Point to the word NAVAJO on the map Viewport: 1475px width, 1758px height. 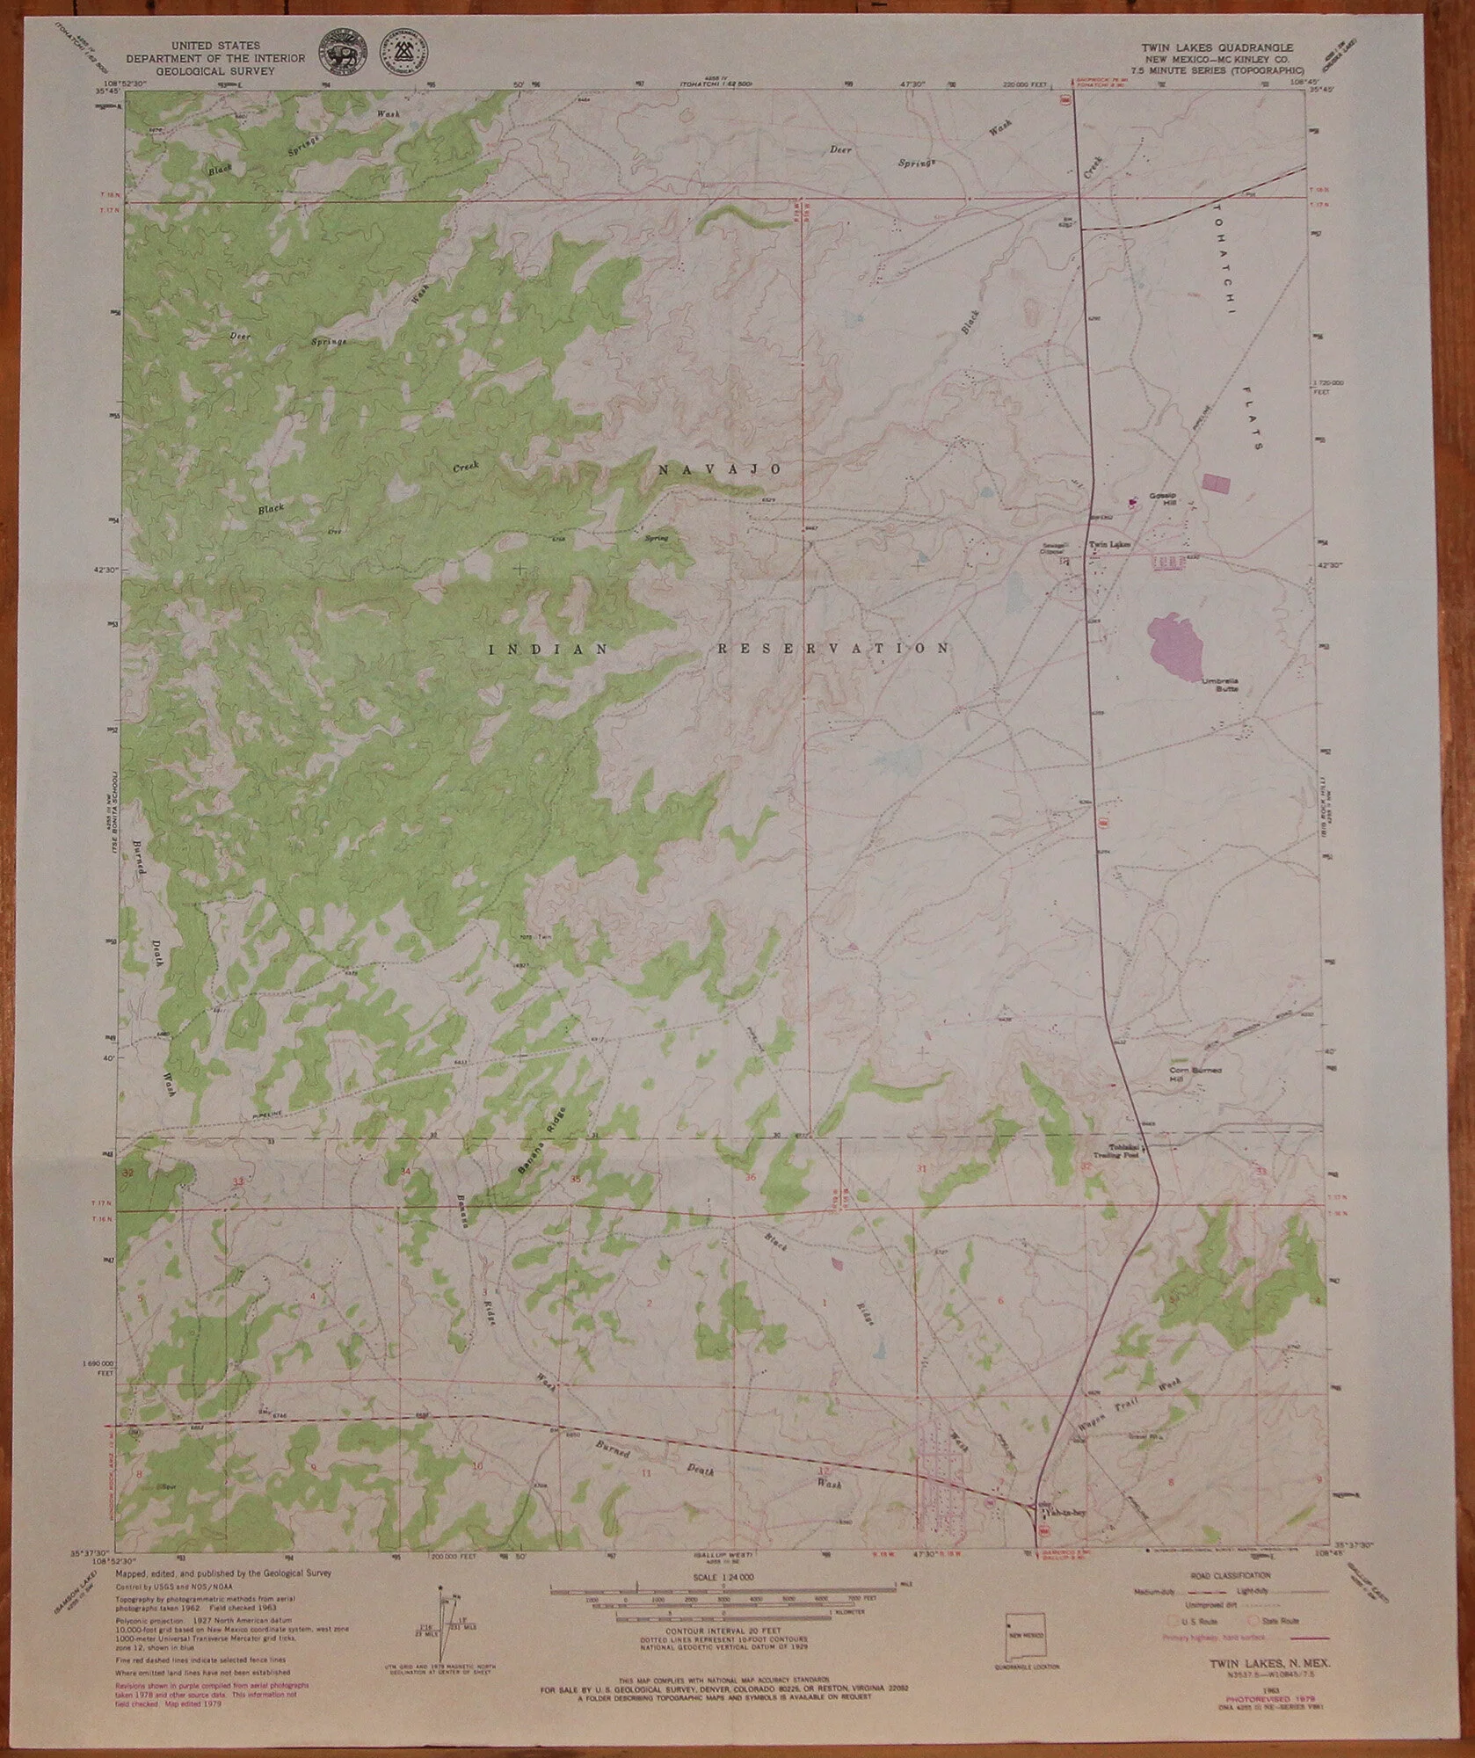(719, 470)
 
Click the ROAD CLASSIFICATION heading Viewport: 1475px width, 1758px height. (1229, 1576)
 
